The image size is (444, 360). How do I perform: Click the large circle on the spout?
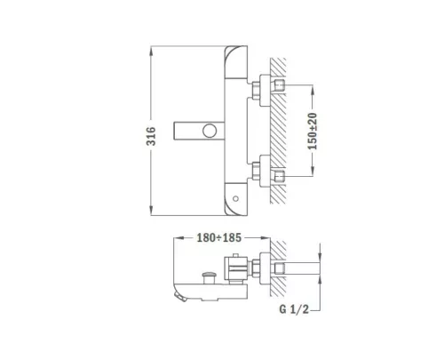pos(210,132)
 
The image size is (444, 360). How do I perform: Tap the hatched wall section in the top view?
pos(278,124)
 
